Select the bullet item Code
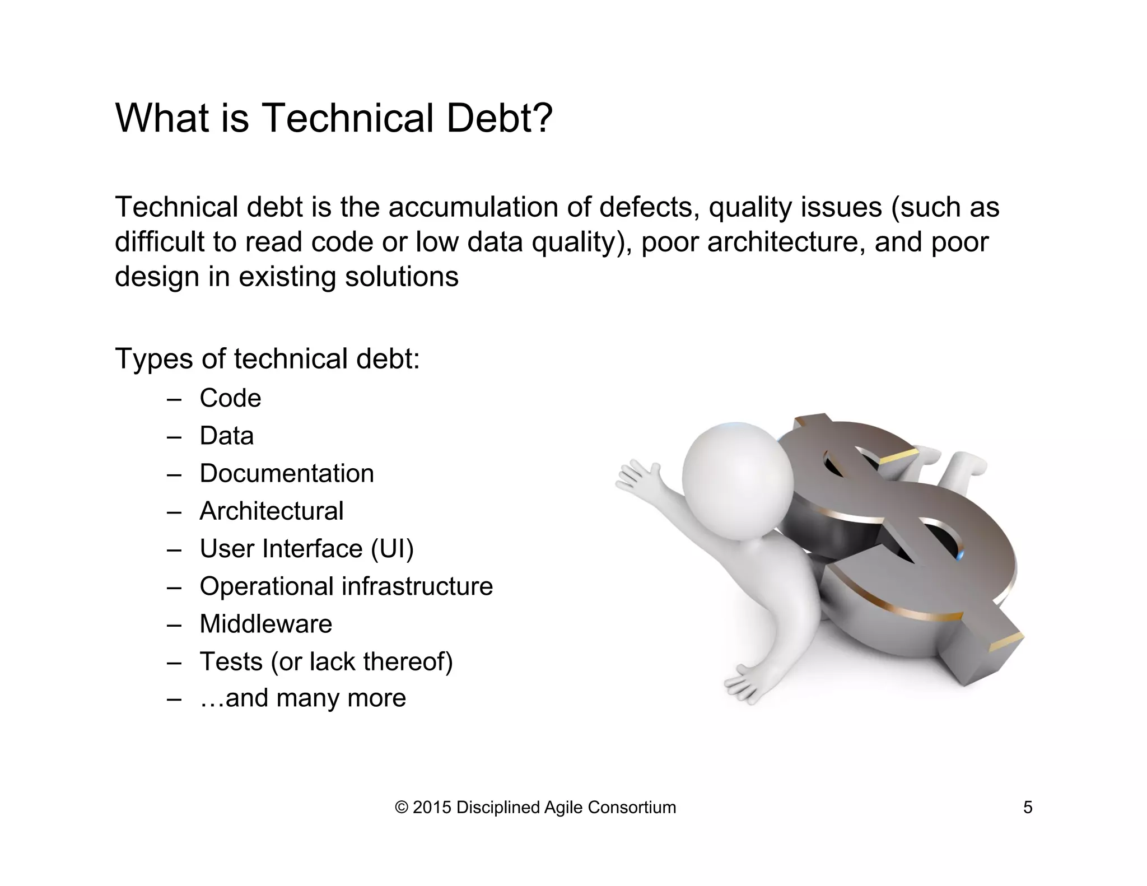tap(230, 398)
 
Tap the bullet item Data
tap(226, 436)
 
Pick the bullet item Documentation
tap(287, 473)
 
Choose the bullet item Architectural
tap(272, 511)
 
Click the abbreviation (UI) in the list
tap(392, 548)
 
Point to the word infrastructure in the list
tap(417, 586)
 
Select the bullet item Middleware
tap(266, 624)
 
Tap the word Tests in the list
tap(231, 661)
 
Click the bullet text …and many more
tap(303, 698)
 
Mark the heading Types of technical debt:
tap(267, 358)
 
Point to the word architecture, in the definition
tap(782, 242)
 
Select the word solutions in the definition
tap(402, 277)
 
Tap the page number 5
tap(1028, 808)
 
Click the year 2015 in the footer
tap(431, 808)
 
